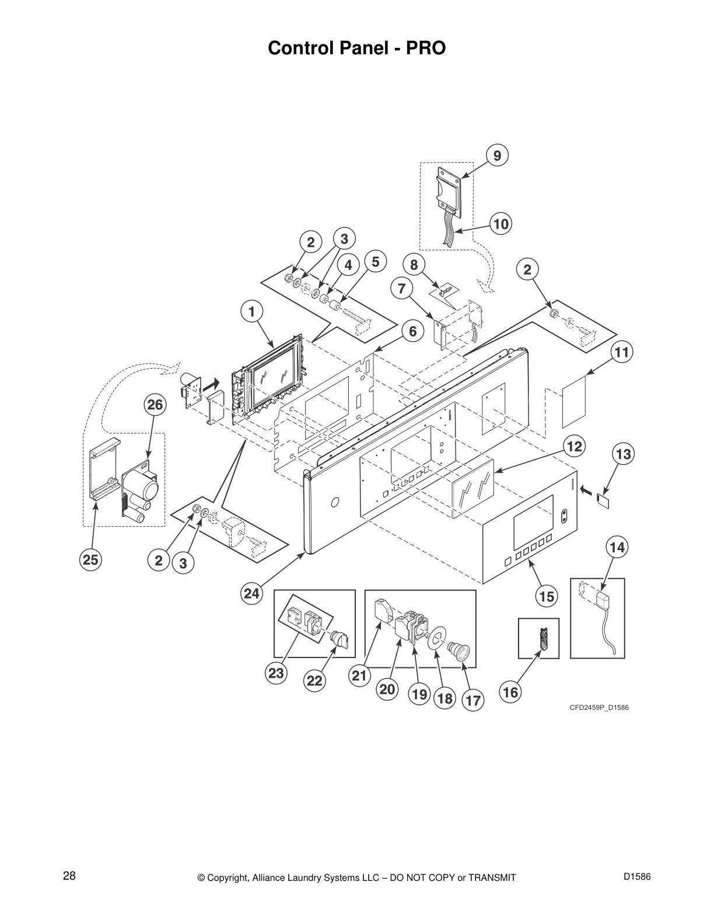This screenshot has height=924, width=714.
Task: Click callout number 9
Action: tap(497, 155)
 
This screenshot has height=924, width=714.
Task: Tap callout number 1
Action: tap(251, 312)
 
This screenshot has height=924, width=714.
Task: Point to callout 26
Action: tap(155, 405)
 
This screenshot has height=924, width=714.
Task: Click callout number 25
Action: tap(90, 560)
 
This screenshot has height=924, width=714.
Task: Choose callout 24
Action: tap(251, 594)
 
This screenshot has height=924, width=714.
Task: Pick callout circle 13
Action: tap(624, 454)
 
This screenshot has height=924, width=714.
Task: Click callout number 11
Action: tap(622, 352)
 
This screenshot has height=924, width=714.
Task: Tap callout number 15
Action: tap(547, 596)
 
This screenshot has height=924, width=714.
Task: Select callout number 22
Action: tap(314, 681)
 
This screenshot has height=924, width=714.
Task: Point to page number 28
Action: tap(69, 876)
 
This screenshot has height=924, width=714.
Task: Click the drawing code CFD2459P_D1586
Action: tap(599, 708)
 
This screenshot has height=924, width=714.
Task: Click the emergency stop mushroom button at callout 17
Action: tap(459, 650)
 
